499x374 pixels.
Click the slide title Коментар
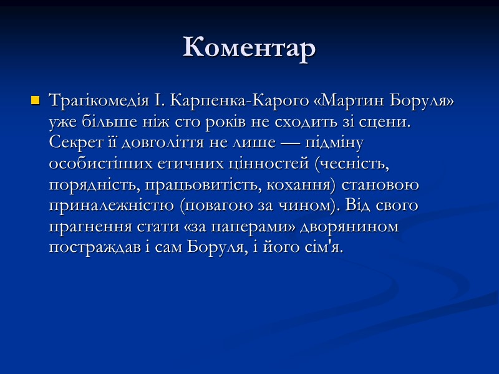249,48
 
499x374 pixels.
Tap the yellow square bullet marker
35,100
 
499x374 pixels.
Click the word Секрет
72,143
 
